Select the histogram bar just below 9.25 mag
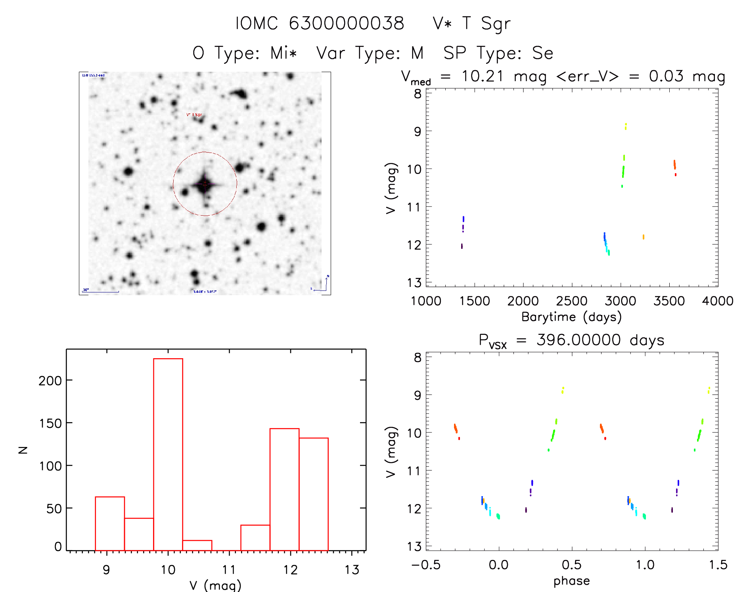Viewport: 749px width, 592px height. point(110,523)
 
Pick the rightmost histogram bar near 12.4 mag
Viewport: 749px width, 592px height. point(314,494)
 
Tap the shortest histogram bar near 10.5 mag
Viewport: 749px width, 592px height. point(197,545)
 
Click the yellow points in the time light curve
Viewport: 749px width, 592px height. point(626,126)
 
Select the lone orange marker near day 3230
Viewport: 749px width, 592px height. point(643,237)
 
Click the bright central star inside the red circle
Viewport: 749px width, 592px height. point(205,183)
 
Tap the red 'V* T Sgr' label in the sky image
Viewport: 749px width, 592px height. point(194,115)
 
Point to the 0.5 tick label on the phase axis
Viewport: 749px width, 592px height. point(571,565)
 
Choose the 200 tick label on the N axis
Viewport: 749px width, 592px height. point(50,381)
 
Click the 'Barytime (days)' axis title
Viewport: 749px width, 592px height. point(571,317)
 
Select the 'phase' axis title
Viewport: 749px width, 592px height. point(571,581)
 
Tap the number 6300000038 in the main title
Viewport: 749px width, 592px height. point(346,23)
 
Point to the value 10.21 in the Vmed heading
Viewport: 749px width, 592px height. point(483,76)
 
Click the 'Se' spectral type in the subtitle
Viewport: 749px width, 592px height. point(542,53)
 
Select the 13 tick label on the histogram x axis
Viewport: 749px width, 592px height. point(352,570)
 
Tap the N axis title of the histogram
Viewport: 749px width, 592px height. point(23,450)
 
